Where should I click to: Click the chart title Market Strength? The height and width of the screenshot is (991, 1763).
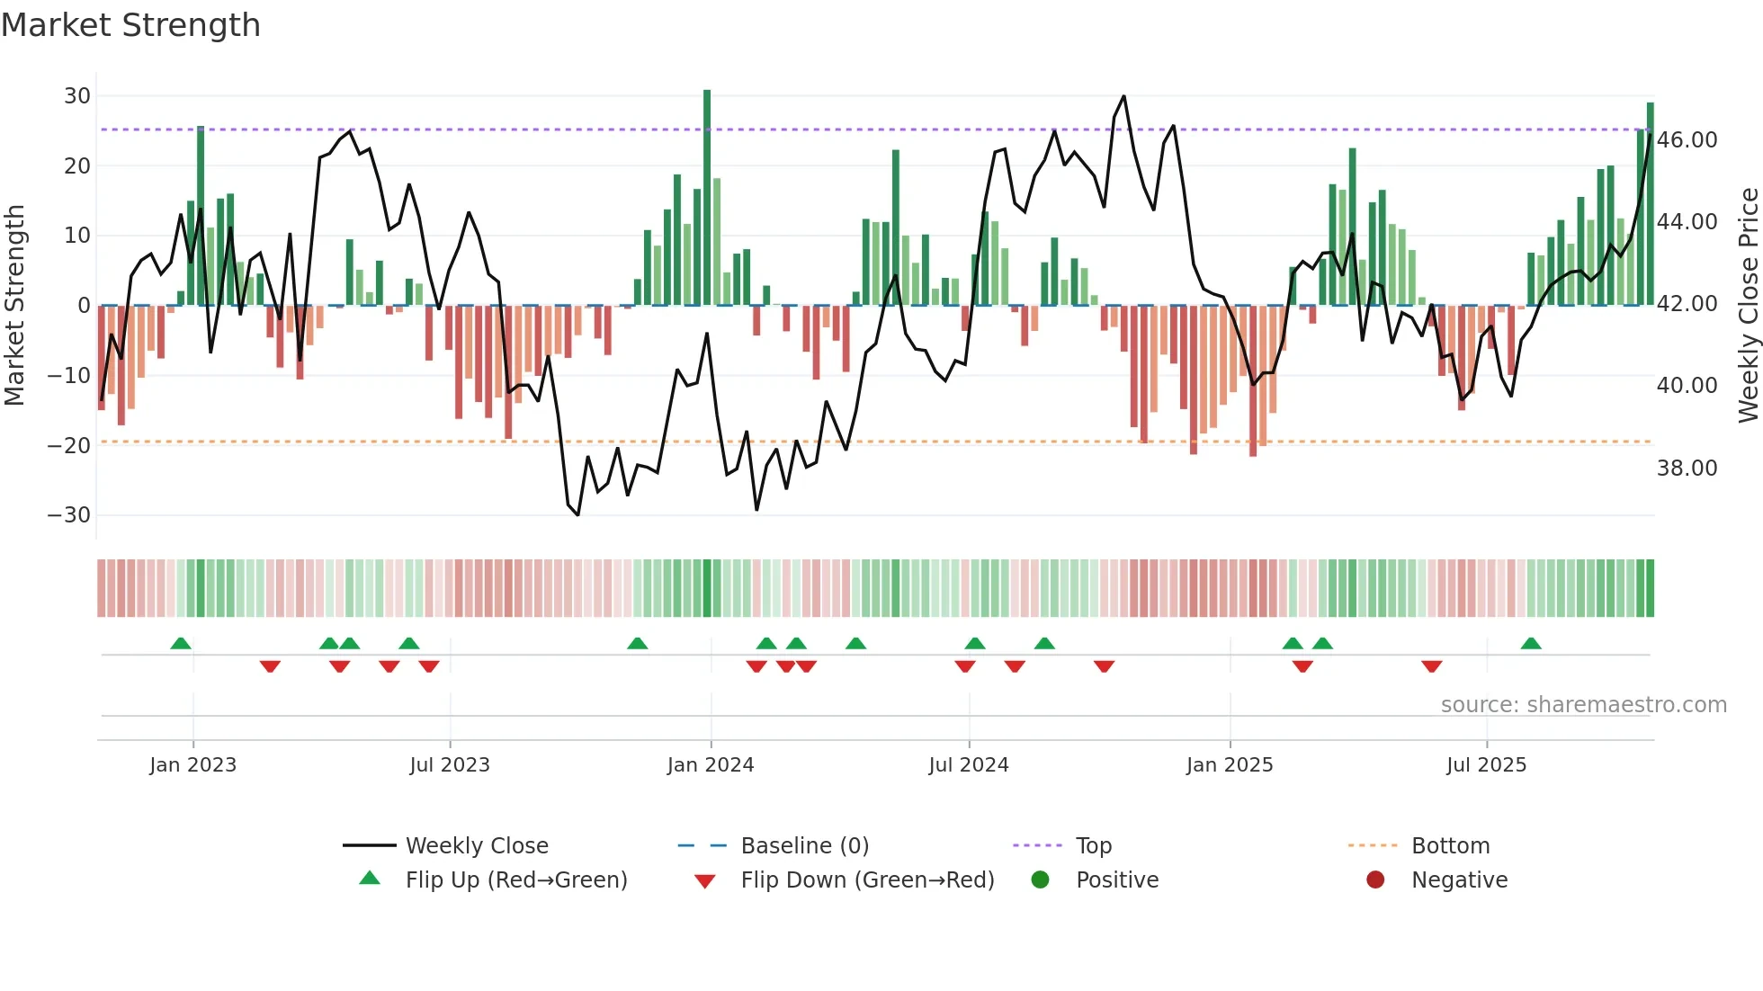coord(130,25)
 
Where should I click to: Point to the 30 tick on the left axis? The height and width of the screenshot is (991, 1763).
coord(77,96)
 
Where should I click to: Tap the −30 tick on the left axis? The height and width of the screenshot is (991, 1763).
coord(69,515)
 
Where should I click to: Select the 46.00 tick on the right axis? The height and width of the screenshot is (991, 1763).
coord(1687,140)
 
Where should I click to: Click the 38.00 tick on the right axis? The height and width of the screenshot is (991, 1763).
coord(1687,469)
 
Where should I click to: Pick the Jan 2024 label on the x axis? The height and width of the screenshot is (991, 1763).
coord(710,765)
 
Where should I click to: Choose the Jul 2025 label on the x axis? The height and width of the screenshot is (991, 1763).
coord(1486,765)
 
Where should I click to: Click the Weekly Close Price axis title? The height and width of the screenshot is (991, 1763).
coord(1748,306)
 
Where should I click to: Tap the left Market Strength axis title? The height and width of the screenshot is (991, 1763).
coord(14,306)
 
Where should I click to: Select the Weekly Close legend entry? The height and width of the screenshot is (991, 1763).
coord(476,846)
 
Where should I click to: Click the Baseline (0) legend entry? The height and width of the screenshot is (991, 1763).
coord(804,846)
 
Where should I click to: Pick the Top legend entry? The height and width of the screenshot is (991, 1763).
coord(1093,846)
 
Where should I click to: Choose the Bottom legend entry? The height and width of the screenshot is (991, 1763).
coord(1450,846)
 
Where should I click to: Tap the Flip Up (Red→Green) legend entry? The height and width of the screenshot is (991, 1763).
coord(515,880)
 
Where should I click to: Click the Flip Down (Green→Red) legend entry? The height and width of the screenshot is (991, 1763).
coord(867,880)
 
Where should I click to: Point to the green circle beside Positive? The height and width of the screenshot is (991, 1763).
coord(1040,880)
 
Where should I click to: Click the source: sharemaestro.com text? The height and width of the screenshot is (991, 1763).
coord(1583,705)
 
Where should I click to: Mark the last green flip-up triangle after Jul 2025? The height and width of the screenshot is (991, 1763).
coord(1531,644)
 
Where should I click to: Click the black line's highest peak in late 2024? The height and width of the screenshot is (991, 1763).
coord(1123,96)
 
